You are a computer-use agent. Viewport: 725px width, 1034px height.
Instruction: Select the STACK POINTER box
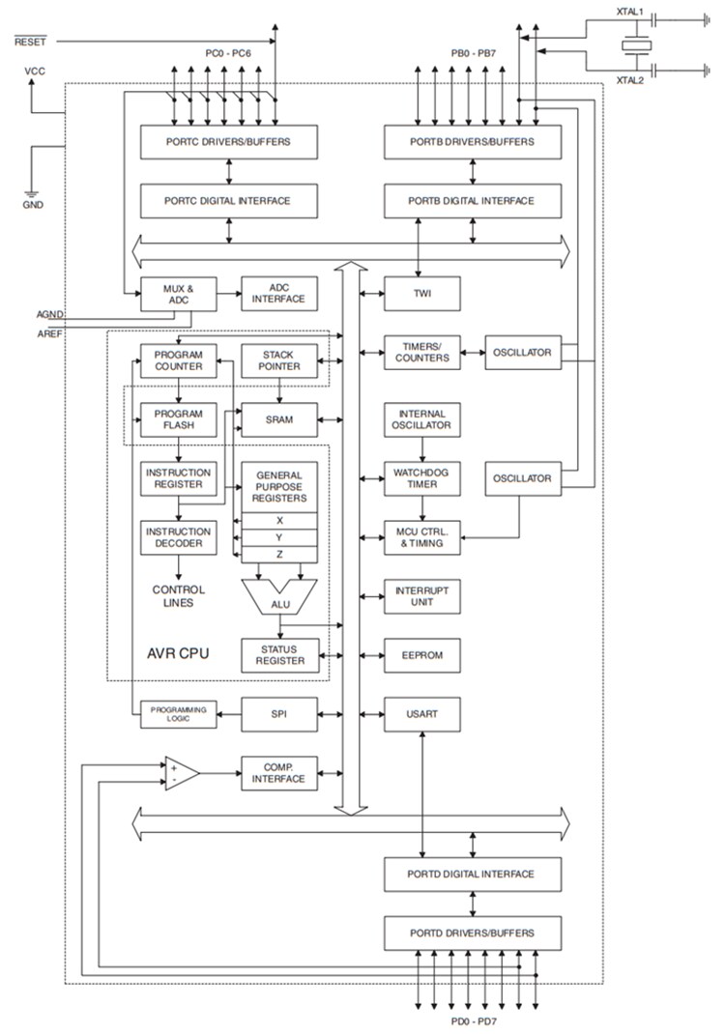[x=278, y=359]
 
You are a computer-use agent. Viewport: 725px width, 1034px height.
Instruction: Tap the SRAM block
[x=278, y=419]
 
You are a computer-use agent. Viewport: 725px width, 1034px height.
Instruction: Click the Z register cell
[x=278, y=554]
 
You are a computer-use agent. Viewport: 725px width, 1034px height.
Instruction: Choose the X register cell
[x=278, y=519]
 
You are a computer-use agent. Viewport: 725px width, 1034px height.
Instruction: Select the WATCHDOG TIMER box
[x=421, y=478]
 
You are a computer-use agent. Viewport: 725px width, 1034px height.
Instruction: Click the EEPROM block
[x=421, y=655]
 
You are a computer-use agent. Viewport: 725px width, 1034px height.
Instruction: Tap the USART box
[x=421, y=714]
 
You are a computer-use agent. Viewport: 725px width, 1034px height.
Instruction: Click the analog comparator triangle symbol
[x=180, y=773]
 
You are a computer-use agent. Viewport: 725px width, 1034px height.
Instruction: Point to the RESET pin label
[x=30, y=42]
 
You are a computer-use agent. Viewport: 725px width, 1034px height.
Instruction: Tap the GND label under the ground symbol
[x=33, y=205]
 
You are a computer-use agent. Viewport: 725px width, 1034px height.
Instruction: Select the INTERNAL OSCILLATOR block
[x=421, y=419]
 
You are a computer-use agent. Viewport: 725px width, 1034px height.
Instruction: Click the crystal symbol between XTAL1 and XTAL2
[x=634, y=44]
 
